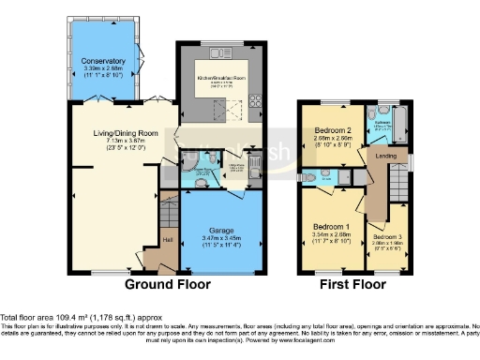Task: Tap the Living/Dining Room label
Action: click(116, 134)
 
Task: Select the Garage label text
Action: click(222, 231)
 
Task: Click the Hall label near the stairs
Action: click(168, 241)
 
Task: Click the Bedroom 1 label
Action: click(333, 228)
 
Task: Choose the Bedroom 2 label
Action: click(334, 130)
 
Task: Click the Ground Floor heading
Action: click(169, 284)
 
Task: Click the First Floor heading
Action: click(352, 284)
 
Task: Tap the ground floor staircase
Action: click(167, 211)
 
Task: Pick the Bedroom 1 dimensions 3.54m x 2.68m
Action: click(333, 238)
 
